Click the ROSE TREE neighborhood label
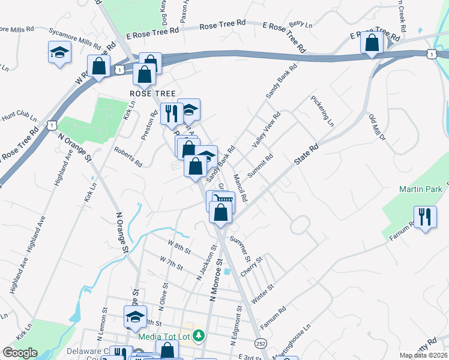[154, 94]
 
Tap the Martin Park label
[421, 190]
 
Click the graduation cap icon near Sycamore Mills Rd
[60, 52]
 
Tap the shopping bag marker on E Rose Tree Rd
[372, 43]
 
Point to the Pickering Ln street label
[322, 111]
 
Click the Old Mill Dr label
[377, 128]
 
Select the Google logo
[19, 353]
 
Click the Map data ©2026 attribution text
[423, 355]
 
